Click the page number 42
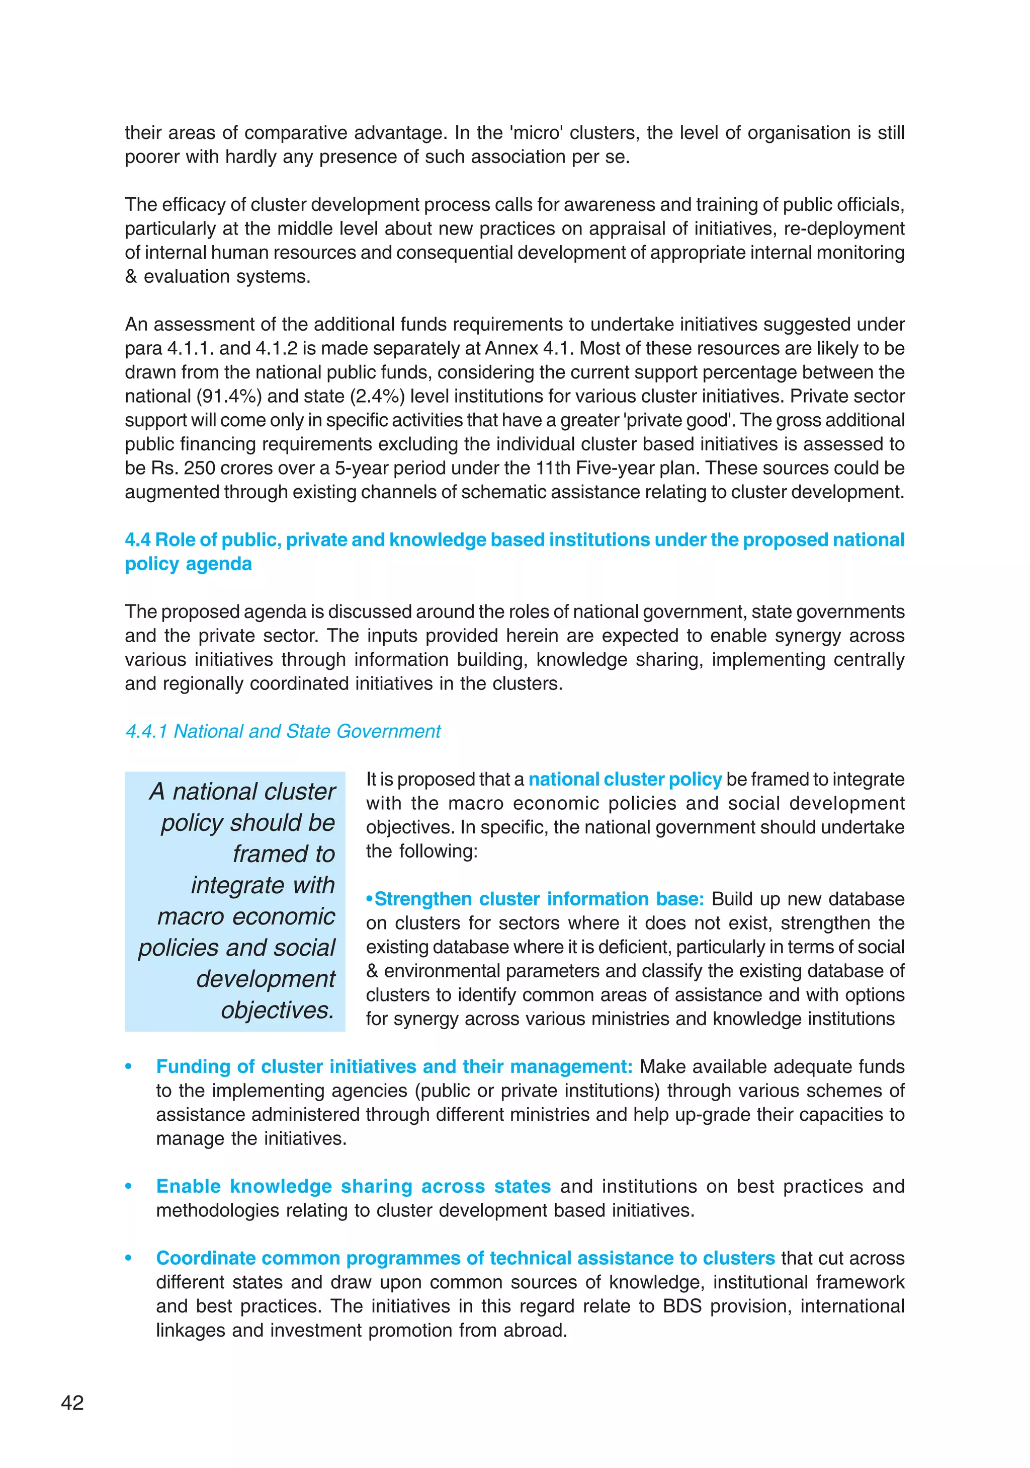pos(72,1402)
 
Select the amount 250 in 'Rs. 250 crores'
pos(199,468)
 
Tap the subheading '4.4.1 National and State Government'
pos(283,731)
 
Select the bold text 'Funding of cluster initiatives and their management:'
pos(394,1066)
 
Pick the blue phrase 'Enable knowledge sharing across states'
pos(354,1186)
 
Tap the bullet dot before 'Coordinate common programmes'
pos(128,1258)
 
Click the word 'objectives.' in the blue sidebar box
pos(277,1010)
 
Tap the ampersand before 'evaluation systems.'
pos(131,277)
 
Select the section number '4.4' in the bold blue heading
pos(137,540)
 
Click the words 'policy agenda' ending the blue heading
pos(188,564)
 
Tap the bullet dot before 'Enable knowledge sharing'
pos(128,1187)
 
